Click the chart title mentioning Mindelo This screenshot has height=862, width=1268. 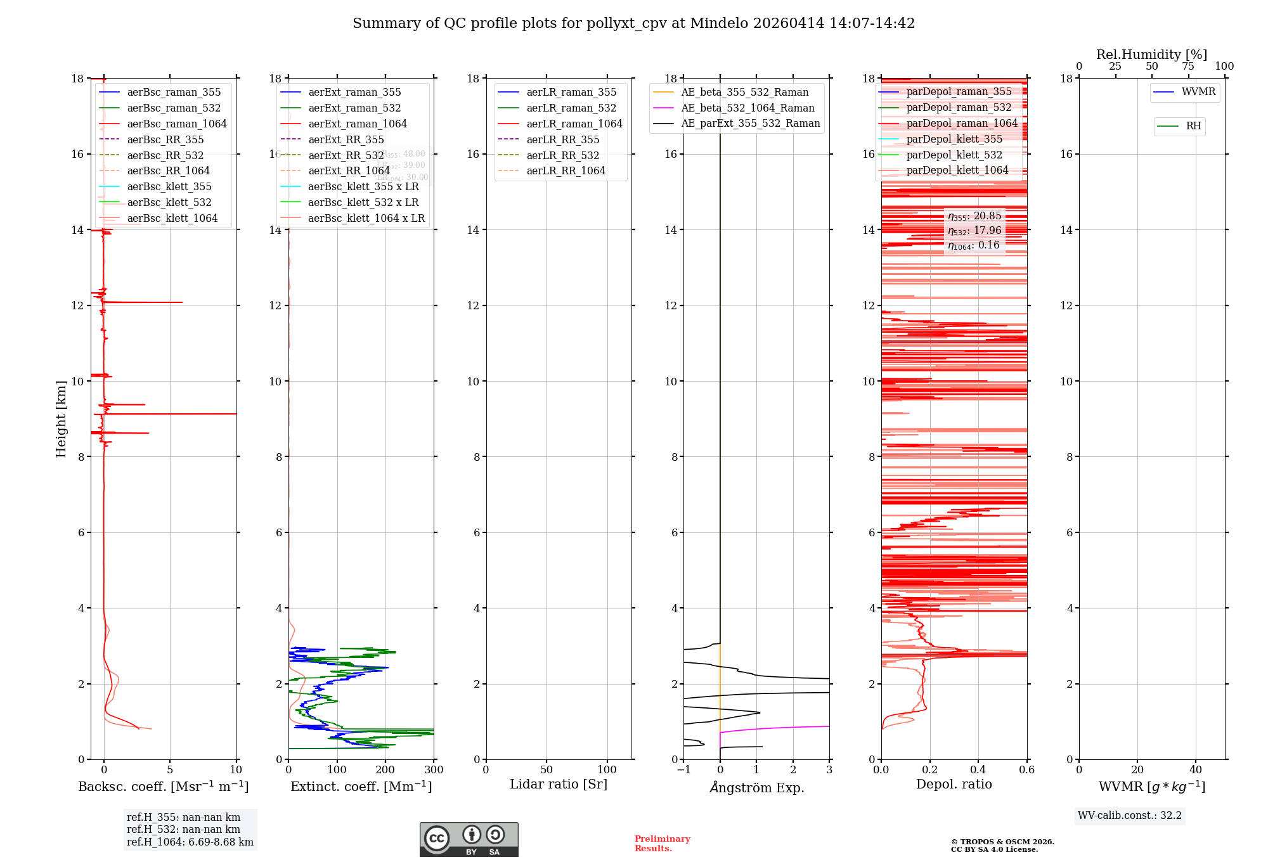tap(633, 23)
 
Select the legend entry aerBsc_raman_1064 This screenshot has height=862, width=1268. tap(176, 124)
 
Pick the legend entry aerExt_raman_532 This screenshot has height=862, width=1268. tap(354, 108)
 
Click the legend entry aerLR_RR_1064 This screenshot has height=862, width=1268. tap(566, 170)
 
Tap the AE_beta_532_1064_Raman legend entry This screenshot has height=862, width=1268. tap(747, 108)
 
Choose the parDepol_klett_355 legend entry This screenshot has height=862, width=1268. tap(954, 139)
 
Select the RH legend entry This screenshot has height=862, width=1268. tap(1193, 126)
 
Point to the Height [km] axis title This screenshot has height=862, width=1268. tap(61, 418)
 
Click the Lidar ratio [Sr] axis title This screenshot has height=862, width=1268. tap(559, 784)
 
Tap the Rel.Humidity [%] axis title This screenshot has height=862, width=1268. tap(1151, 55)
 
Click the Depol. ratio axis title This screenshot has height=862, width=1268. tap(954, 784)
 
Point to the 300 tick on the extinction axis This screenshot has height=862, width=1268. tap(434, 770)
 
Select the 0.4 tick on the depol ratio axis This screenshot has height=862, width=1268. tap(978, 770)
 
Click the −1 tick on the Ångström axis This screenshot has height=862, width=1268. tap(683, 770)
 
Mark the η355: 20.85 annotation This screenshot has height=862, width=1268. tap(974, 216)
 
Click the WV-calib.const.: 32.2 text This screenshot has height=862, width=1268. tap(1130, 815)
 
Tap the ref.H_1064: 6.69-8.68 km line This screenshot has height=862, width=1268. tap(190, 842)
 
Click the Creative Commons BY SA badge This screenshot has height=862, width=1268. tap(469, 839)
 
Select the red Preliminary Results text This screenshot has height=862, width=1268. tap(662, 843)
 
